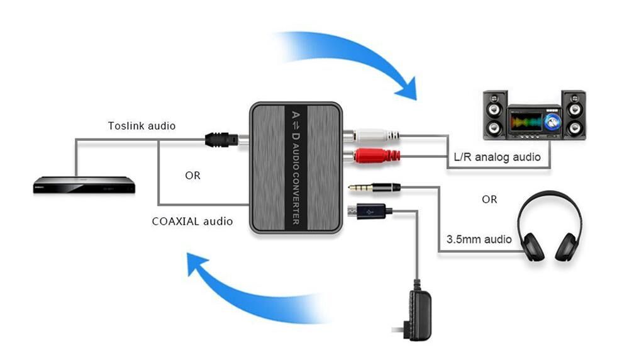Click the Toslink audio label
(x=142, y=126)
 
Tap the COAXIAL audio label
(x=192, y=221)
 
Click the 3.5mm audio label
(x=479, y=239)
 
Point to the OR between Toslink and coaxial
(x=192, y=176)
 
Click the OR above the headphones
(x=489, y=199)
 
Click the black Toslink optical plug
(x=220, y=139)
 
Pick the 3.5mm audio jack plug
(x=374, y=187)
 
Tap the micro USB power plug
(x=371, y=212)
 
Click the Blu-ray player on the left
(x=84, y=186)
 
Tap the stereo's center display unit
(x=534, y=122)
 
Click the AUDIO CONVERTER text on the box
(x=296, y=183)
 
